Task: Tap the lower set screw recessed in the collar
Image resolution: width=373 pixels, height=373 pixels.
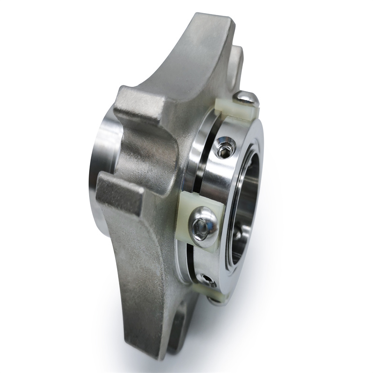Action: click(206, 280)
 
